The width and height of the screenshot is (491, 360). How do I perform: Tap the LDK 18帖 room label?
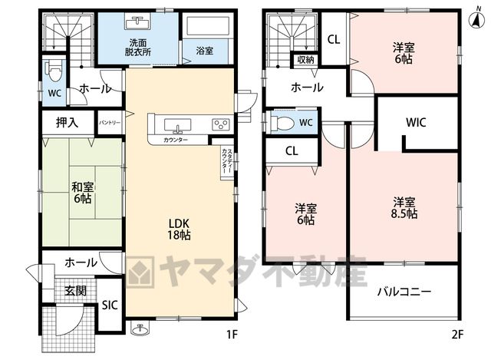[179, 229]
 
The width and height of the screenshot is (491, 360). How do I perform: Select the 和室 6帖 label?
[82, 193]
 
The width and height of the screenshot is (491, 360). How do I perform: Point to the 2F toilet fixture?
[283, 123]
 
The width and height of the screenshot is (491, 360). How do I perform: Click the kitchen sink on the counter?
[177, 125]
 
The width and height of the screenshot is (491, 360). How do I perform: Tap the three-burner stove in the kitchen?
[221, 124]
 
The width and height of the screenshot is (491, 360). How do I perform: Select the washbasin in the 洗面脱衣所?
[138, 22]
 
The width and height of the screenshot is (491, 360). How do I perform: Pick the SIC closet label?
[110, 306]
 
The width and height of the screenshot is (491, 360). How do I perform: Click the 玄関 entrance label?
[75, 291]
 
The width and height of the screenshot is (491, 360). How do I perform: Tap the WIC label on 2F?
[416, 122]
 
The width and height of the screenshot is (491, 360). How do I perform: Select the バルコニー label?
[404, 292]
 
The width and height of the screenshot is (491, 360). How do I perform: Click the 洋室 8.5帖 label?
[404, 208]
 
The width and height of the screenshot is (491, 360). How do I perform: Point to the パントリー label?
[110, 123]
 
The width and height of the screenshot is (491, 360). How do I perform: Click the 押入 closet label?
[67, 123]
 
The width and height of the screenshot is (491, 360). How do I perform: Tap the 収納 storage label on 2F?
[305, 60]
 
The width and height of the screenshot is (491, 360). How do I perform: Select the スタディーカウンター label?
[227, 162]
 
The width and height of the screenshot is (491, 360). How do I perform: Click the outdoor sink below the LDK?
[140, 329]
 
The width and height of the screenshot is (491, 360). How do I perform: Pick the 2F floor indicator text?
[457, 335]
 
